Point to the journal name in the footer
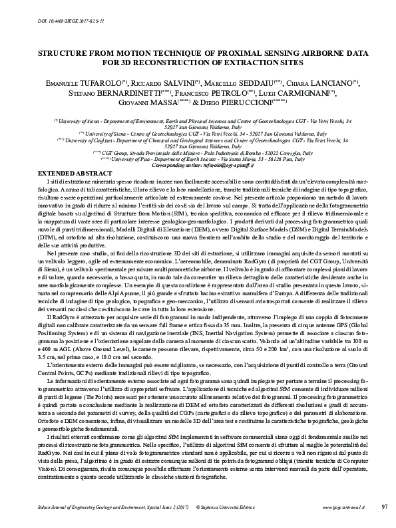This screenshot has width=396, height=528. coord(106,507)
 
